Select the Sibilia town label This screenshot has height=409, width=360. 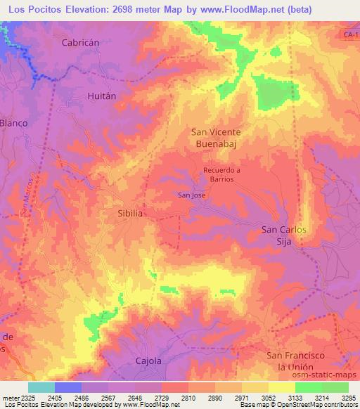[x=130, y=211]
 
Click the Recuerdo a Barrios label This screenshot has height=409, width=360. [x=221, y=174]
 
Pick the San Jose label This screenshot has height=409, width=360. [x=191, y=195]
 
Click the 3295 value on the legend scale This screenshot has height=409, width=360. [x=349, y=398]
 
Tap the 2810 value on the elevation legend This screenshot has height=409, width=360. [x=188, y=398]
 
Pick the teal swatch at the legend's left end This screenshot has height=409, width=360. [x=41, y=387]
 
